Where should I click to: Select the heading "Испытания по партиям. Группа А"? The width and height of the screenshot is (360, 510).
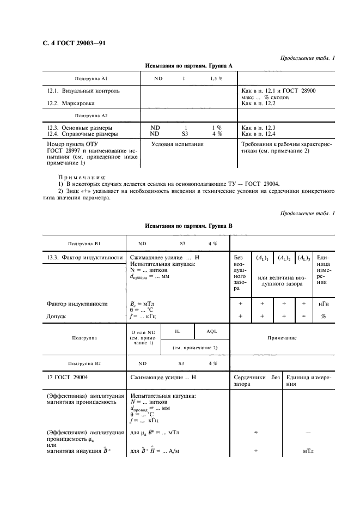tap(188, 65)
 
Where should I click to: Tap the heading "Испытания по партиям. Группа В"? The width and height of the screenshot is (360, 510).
tap(188, 224)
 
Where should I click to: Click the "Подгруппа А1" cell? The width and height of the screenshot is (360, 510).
tap(90, 78)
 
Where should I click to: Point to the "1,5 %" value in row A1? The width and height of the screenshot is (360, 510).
tap(216, 78)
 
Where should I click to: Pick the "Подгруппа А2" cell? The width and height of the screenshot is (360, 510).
tap(90, 116)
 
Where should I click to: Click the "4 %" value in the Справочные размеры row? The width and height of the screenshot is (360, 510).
tap(216, 133)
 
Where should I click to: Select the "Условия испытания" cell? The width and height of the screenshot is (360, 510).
tap(178, 144)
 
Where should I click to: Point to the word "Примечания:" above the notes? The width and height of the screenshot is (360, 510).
tap(82, 177)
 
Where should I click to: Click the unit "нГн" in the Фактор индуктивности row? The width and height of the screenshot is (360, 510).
tap(323, 303)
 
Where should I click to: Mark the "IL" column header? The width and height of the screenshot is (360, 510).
tap(178, 331)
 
